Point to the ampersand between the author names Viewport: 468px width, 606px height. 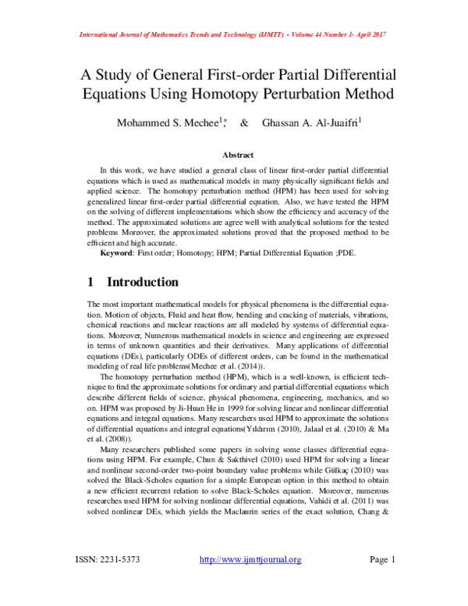pyautogui.click(x=245, y=123)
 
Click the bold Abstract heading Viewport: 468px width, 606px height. pyautogui.click(x=237, y=155)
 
